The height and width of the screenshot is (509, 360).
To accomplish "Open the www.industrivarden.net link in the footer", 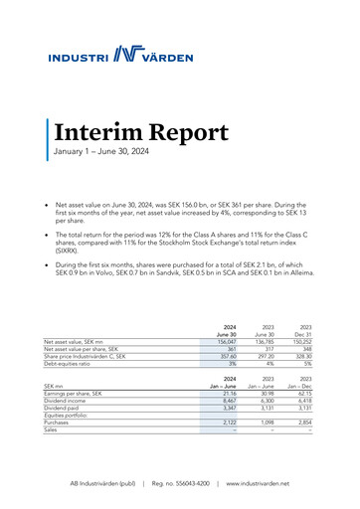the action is pyautogui.click(x=267, y=483).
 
